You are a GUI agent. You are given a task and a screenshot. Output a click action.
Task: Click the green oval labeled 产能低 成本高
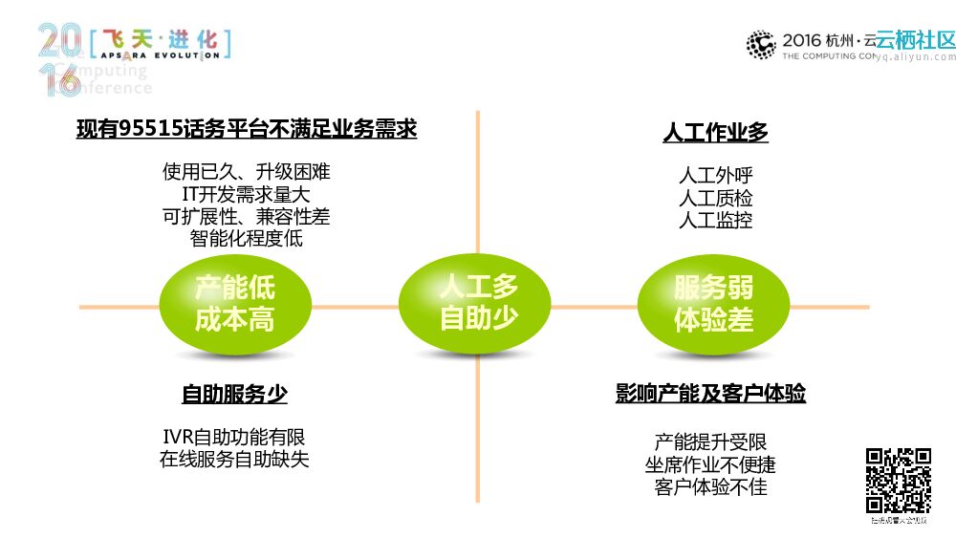point(234,304)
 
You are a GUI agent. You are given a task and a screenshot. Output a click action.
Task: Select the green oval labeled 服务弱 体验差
point(713,304)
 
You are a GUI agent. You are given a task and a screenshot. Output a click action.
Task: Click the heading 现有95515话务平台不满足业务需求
point(247,129)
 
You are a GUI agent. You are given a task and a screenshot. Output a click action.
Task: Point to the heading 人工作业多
point(715,133)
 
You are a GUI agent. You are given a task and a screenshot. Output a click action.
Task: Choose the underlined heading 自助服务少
point(234,394)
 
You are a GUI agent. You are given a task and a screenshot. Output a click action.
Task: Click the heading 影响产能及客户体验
point(710,394)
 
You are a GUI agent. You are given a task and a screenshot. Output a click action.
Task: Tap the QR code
point(898,480)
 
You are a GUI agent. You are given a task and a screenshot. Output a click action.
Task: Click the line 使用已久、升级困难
point(247,173)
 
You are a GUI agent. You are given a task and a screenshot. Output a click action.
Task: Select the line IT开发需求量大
point(247,195)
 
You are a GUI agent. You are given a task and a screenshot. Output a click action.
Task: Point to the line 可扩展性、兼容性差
point(247,217)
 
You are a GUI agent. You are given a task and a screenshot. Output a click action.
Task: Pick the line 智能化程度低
point(247,239)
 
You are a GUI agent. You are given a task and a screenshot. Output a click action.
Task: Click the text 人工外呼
point(715,177)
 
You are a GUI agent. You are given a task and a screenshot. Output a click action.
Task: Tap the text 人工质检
point(715,199)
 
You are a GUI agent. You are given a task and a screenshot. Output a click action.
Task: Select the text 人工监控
point(715,221)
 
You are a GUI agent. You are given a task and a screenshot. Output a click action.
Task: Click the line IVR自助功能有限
point(234,438)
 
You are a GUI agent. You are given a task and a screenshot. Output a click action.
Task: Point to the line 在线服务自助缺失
point(234,460)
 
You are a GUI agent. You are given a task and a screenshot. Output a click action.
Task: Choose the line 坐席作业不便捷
point(710,465)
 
